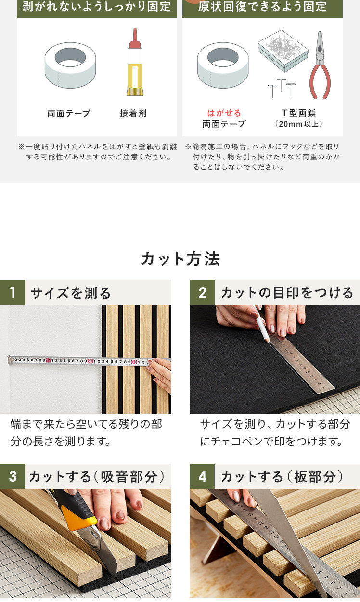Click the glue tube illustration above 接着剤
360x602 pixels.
click(135, 62)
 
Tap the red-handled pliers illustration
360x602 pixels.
click(320, 66)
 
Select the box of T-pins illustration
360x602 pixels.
click(283, 51)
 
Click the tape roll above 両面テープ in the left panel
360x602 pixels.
click(70, 65)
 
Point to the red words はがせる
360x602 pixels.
click(224, 113)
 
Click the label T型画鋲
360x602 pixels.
click(298, 113)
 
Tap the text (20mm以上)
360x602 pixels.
click(298, 124)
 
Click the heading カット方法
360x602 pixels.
click(180, 259)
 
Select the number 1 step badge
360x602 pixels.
click(13, 292)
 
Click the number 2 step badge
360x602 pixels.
click(202, 292)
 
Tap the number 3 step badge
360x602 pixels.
click(13, 476)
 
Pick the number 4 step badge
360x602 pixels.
click(202, 476)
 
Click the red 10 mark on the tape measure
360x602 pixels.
click(48, 360)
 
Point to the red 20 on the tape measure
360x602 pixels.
click(90, 361)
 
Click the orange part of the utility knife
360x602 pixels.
click(78, 517)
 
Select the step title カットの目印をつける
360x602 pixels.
click(287, 292)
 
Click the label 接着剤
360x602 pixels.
click(133, 113)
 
